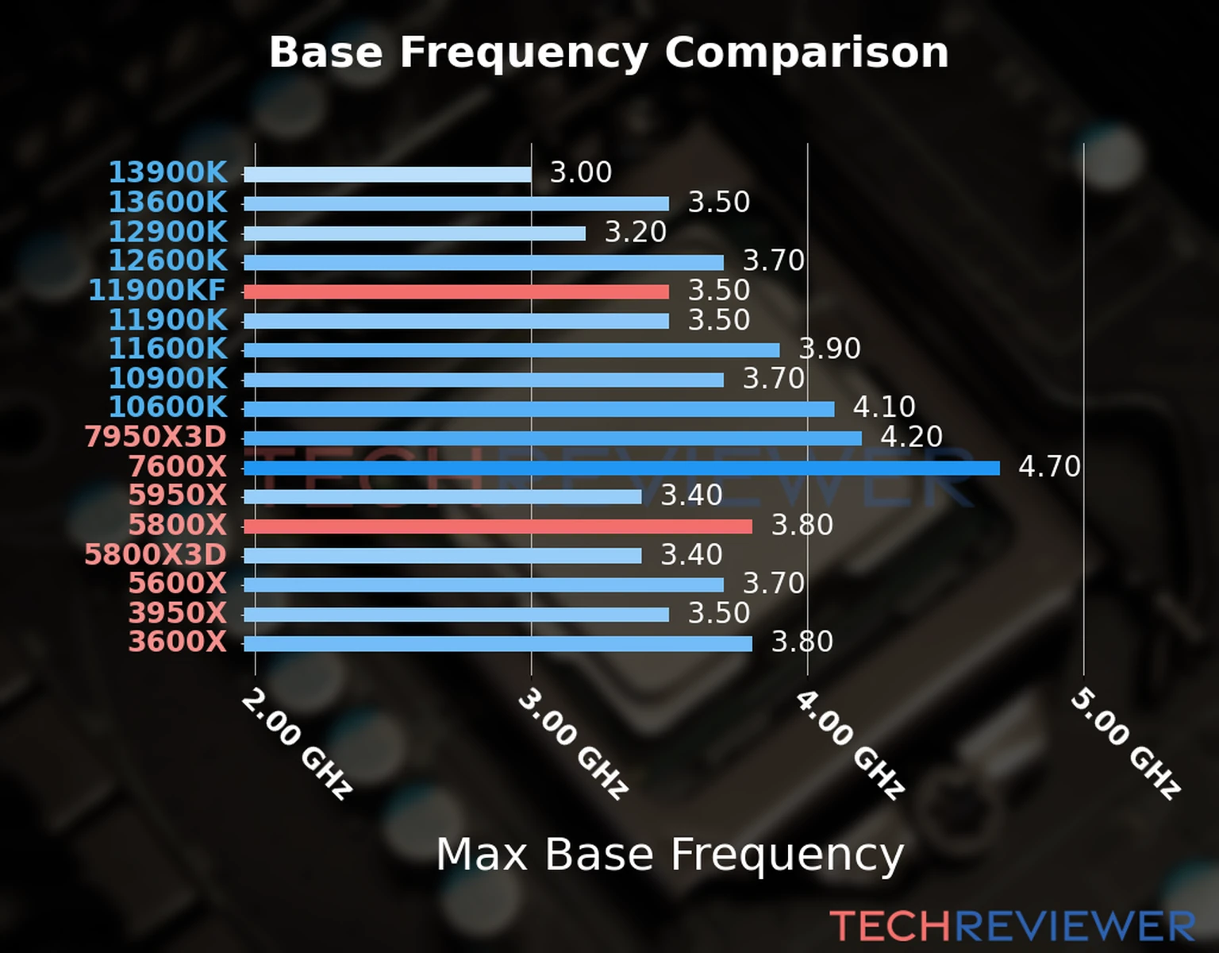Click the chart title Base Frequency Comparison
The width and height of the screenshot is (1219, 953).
(609, 52)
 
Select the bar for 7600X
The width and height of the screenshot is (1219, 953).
(621, 468)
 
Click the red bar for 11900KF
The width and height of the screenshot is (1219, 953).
(456, 291)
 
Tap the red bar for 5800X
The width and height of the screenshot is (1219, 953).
(498, 526)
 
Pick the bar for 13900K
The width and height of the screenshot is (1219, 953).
(387, 174)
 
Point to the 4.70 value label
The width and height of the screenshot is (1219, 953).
(1049, 466)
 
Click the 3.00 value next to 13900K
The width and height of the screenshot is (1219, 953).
(581, 172)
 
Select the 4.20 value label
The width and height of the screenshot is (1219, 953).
(911, 437)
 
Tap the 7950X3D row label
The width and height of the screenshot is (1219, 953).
(156, 437)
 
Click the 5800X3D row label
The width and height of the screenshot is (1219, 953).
(156, 554)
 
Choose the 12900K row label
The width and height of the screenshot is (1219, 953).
(167, 232)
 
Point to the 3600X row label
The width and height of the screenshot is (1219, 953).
(178, 642)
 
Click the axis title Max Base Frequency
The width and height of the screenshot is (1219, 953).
(670, 855)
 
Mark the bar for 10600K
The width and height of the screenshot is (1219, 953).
(539, 409)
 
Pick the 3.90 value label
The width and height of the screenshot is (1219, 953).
(829, 349)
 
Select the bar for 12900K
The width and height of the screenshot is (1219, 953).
(414, 233)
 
